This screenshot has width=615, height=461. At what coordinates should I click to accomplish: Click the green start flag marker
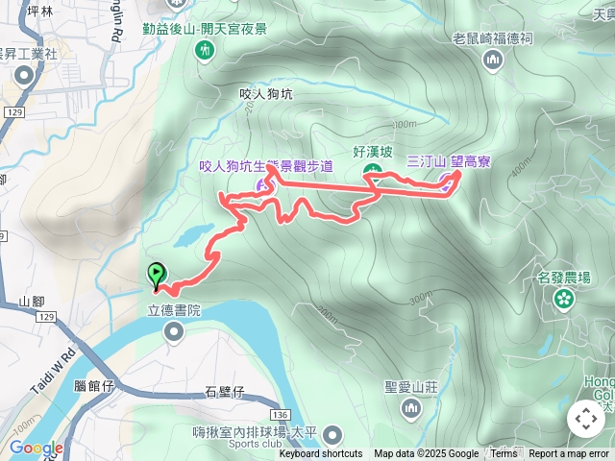156,275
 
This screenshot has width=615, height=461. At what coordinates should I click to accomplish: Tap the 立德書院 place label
174,310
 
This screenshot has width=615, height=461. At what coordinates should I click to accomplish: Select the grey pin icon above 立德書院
174,332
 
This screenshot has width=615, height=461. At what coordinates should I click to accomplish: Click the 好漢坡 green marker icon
373,171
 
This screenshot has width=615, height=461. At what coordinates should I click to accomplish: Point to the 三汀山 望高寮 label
448,161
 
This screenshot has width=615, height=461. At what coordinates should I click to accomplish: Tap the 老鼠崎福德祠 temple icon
493,61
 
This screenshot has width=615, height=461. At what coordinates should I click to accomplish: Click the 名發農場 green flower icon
563,299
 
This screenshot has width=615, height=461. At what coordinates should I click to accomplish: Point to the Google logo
37,449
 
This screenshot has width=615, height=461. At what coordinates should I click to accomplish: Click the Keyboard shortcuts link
321,454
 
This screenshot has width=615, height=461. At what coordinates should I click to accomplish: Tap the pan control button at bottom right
586,419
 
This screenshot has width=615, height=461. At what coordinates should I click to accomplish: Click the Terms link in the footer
504,454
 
